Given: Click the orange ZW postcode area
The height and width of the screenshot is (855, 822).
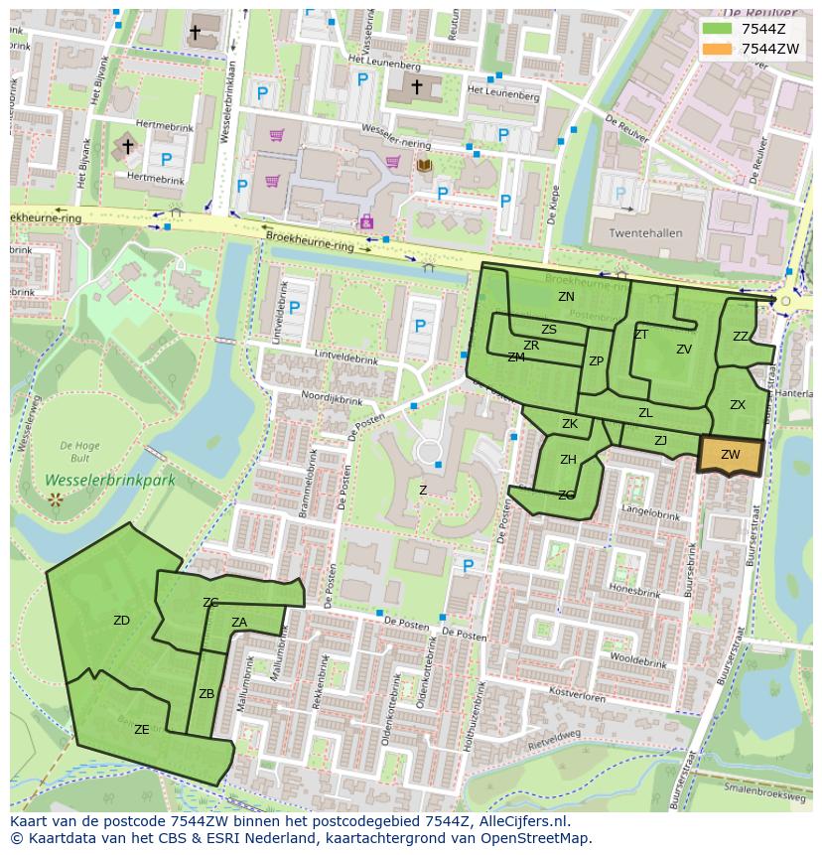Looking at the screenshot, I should pos(731,455).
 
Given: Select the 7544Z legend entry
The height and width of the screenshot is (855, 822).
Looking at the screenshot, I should pos(746,28).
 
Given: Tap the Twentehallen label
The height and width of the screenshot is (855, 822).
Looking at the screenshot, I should pos(644,233).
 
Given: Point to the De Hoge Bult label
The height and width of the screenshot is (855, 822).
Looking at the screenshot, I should pos(74,453).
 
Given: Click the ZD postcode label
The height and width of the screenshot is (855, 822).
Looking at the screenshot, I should pos(121,621).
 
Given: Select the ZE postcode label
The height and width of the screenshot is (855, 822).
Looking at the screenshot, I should pos(141,730).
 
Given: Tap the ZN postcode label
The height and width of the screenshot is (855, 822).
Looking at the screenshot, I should pos(566,297).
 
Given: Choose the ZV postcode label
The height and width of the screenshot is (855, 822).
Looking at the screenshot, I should pos(684,350).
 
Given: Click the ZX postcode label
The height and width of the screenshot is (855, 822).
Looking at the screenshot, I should pos(738,405).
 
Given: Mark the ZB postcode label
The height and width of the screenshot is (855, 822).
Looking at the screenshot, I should pos(206,694).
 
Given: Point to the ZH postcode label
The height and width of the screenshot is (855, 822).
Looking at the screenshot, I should pos(568,460).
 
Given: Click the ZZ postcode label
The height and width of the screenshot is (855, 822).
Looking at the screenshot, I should pos(741,337).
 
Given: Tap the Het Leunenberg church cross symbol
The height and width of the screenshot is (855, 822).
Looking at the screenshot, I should pos(417,87).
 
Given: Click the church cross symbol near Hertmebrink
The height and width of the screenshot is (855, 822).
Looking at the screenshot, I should pos(127,147).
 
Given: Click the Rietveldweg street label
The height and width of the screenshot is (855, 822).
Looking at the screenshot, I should pos(554,738).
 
